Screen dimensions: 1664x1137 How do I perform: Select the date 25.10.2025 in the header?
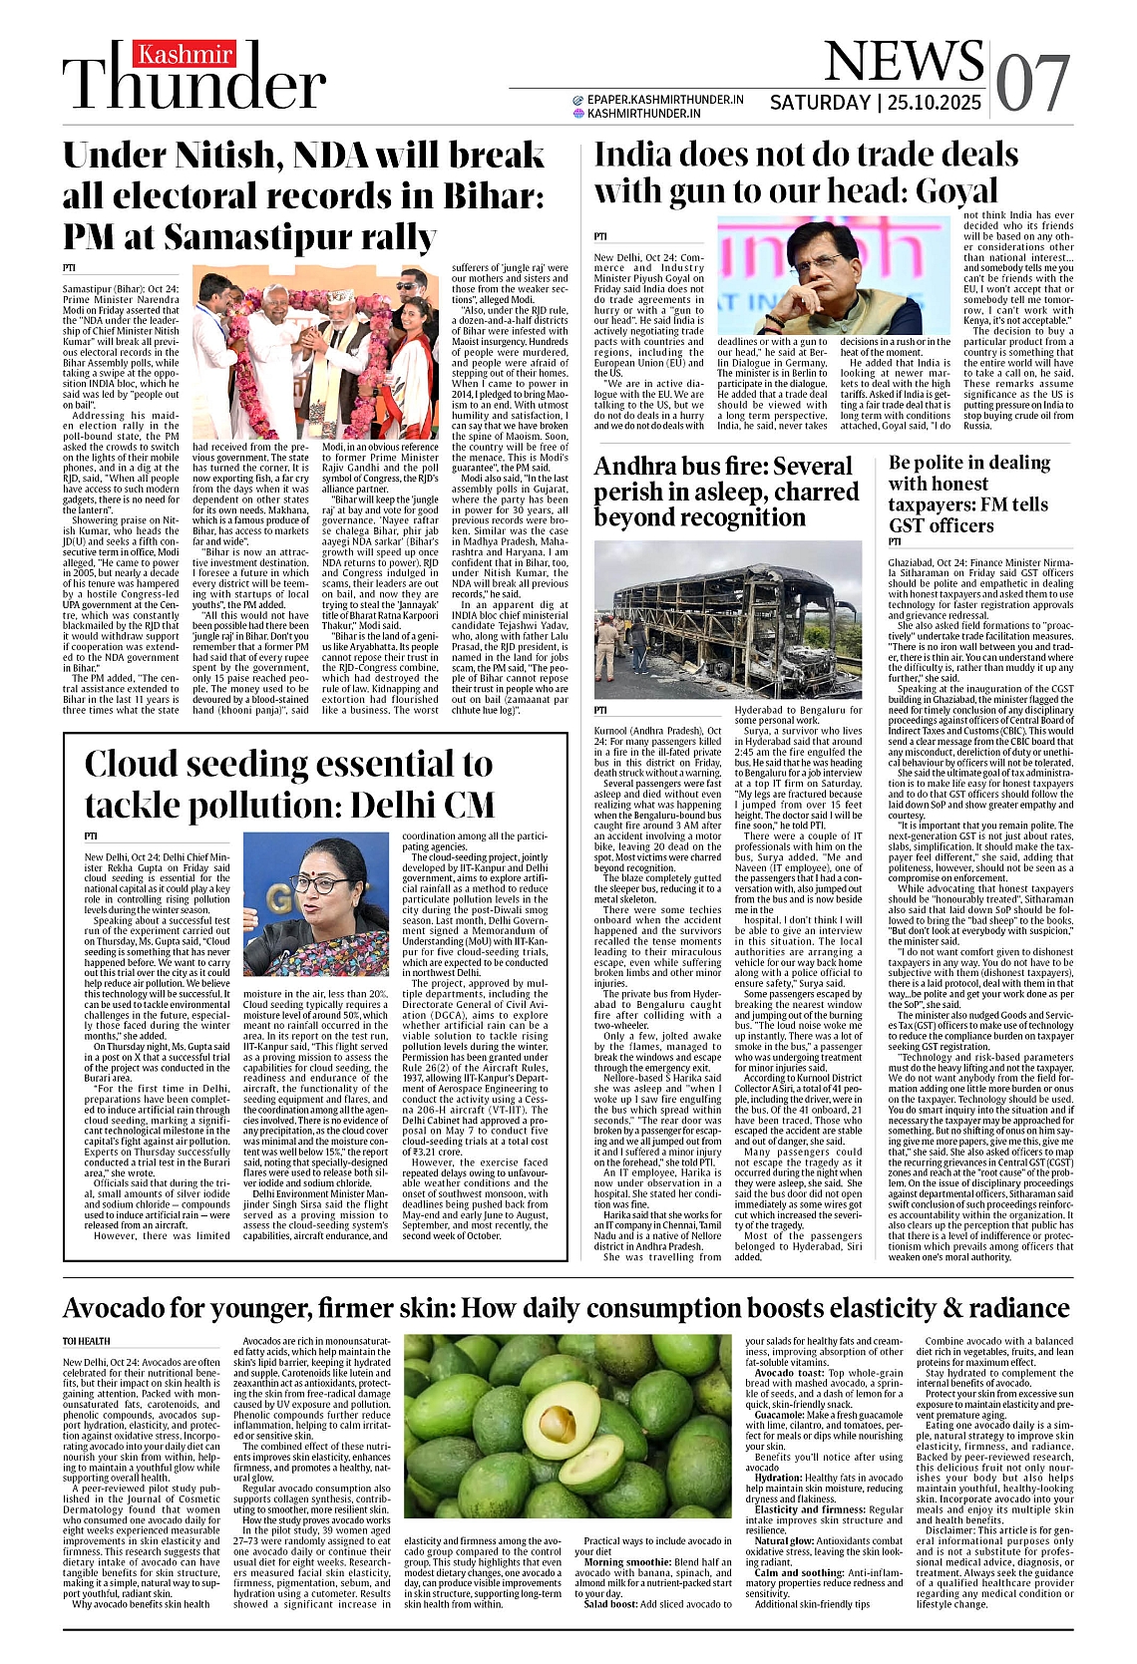(x=935, y=103)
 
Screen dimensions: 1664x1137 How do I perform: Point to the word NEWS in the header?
(x=904, y=62)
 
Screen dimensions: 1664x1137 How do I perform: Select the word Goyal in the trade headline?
(x=943, y=190)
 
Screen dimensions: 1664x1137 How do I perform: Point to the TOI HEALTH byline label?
(x=87, y=1341)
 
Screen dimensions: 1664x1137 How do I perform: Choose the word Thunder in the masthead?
(x=194, y=88)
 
